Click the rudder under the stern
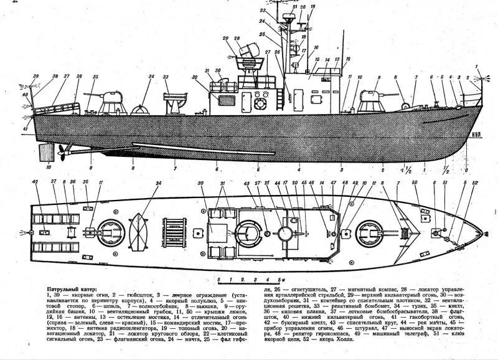tap(44, 151)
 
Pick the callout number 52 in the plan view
tap(476, 182)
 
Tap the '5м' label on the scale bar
tap(282, 279)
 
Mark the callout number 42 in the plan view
tap(35, 182)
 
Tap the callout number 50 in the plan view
tap(415, 182)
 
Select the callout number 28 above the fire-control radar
tap(237, 39)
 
